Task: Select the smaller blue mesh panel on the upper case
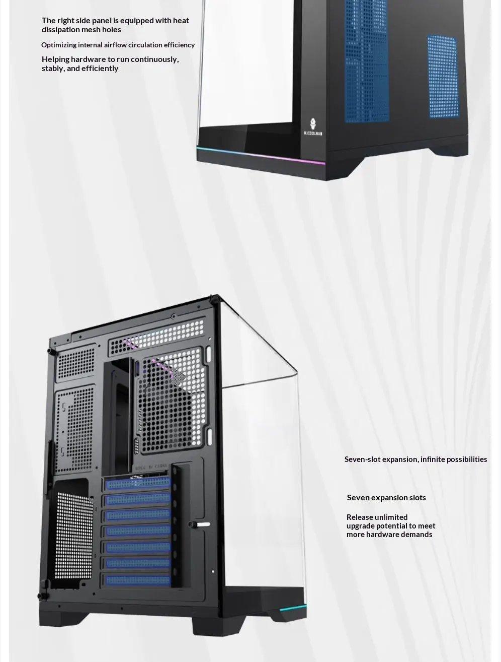pyautogui.click(x=443, y=77)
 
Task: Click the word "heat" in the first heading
pyautogui.click(x=181, y=21)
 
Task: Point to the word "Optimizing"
pyautogui.click(x=59, y=45)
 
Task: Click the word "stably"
pyautogui.click(x=53, y=69)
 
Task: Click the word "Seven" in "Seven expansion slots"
pyautogui.click(x=358, y=498)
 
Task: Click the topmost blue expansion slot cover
pyautogui.click(x=137, y=483)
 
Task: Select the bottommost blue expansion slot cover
pyautogui.click(x=137, y=580)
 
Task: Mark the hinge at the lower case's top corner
pyautogui.click(x=215, y=298)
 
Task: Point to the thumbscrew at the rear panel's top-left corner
pyautogui.click(x=51, y=351)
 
